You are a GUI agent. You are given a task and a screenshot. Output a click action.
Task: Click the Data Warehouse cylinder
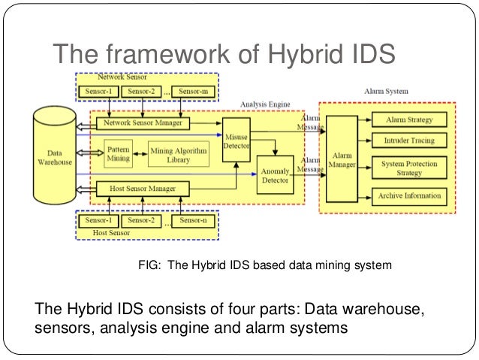pos(54,156)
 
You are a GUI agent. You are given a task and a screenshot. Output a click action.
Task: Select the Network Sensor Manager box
pos(143,123)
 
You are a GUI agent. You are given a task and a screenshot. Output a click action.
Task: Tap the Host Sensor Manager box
pos(143,189)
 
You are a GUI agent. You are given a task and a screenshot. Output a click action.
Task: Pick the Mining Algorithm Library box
pos(178,155)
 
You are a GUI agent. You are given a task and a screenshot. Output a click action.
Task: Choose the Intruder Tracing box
pos(408,140)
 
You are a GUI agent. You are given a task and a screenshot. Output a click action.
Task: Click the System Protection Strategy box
pos(408,167)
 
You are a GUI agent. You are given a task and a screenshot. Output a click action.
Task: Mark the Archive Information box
pos(408,197)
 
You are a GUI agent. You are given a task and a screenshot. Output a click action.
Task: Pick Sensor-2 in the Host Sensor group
pos(143,221)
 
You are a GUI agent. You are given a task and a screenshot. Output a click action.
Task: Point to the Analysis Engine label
pos(264,104)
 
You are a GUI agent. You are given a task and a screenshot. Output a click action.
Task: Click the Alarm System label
pos(386,91)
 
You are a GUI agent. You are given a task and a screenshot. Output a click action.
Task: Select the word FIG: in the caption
pos(151,265)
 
